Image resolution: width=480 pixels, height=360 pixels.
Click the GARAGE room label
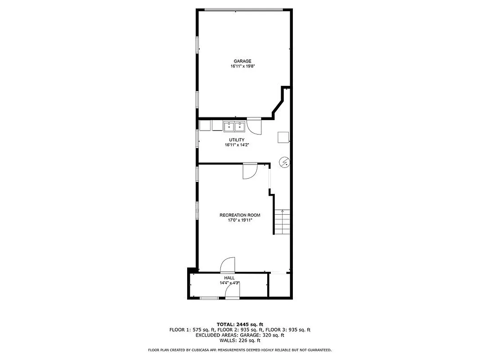pos(242,61)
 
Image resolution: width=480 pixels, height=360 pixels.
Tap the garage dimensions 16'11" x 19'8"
pos(242,66)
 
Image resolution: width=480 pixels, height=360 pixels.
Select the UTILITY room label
pos(236,140)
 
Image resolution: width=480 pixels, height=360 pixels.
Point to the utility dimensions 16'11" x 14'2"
pos(236,145)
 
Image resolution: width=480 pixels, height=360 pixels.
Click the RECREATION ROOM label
pos(240,215)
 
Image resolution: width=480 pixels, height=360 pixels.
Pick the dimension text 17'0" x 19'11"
pos(240,220)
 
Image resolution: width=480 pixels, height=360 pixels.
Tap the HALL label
pos(229,278)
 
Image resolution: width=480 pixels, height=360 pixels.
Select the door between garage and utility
pos(253,126)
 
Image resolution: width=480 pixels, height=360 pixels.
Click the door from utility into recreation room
pos(249,171)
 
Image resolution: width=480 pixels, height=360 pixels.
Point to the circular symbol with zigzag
pos(284,162)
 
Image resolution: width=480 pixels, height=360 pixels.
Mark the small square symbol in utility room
pos(283,137)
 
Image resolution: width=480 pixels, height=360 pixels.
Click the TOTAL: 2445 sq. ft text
pos(240,324)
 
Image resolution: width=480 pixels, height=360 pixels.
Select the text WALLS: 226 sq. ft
pos(240,340)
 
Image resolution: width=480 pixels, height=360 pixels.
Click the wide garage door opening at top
pos(243,10)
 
